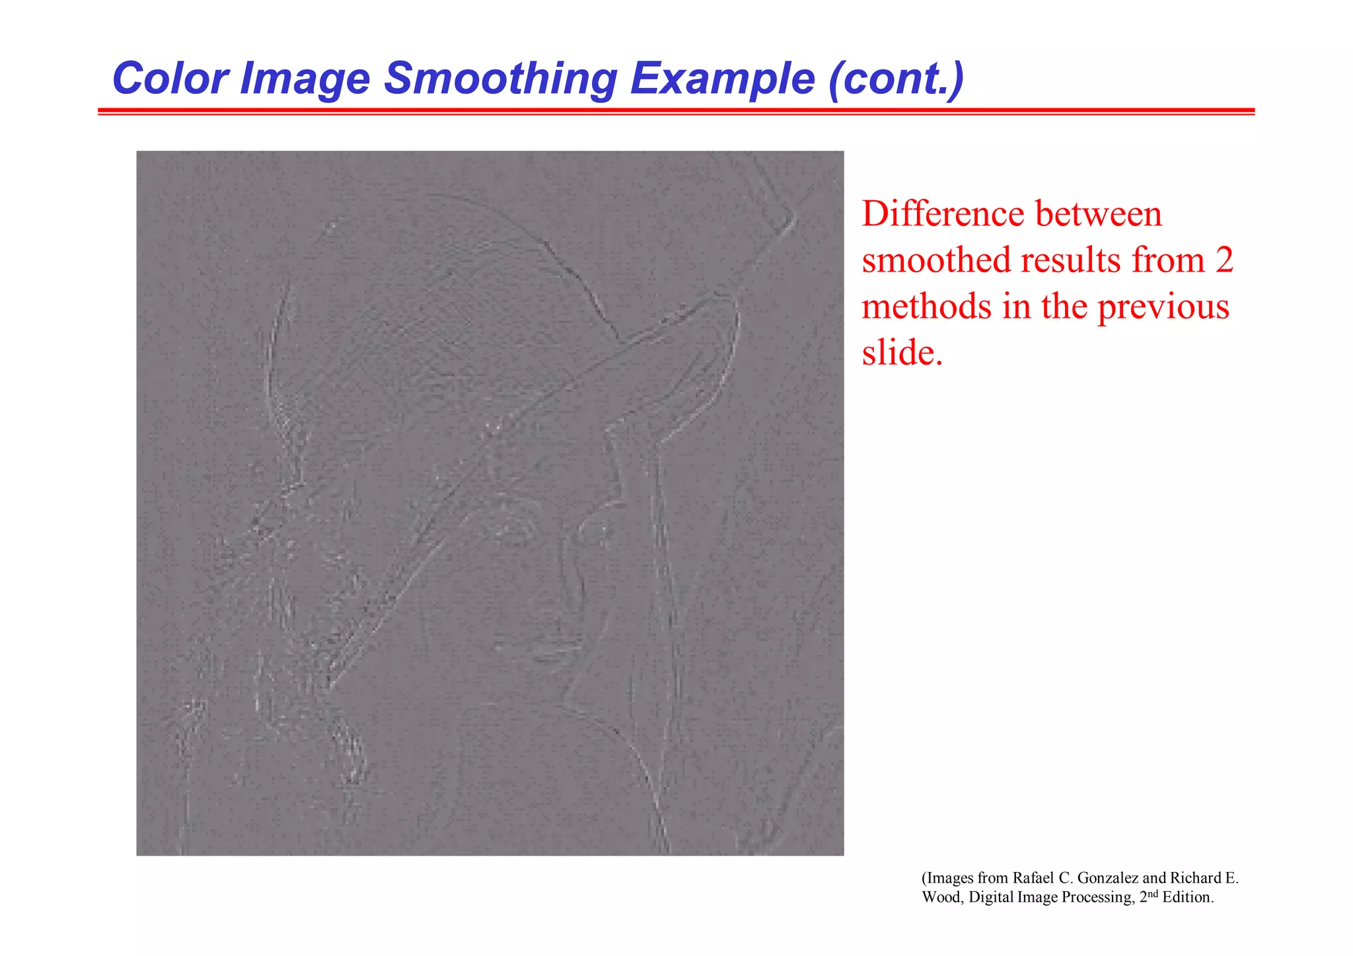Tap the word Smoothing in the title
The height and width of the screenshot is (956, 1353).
pos(499,79)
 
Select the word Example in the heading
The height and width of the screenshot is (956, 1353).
pos(722,79)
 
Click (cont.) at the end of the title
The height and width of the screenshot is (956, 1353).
pos(896,79)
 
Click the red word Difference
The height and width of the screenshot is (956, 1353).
pos(945,214)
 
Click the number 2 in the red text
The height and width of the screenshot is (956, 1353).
pos(1224,260)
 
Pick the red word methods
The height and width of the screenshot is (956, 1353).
pos(926,307)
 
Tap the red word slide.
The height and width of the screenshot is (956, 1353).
pos(901,352)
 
